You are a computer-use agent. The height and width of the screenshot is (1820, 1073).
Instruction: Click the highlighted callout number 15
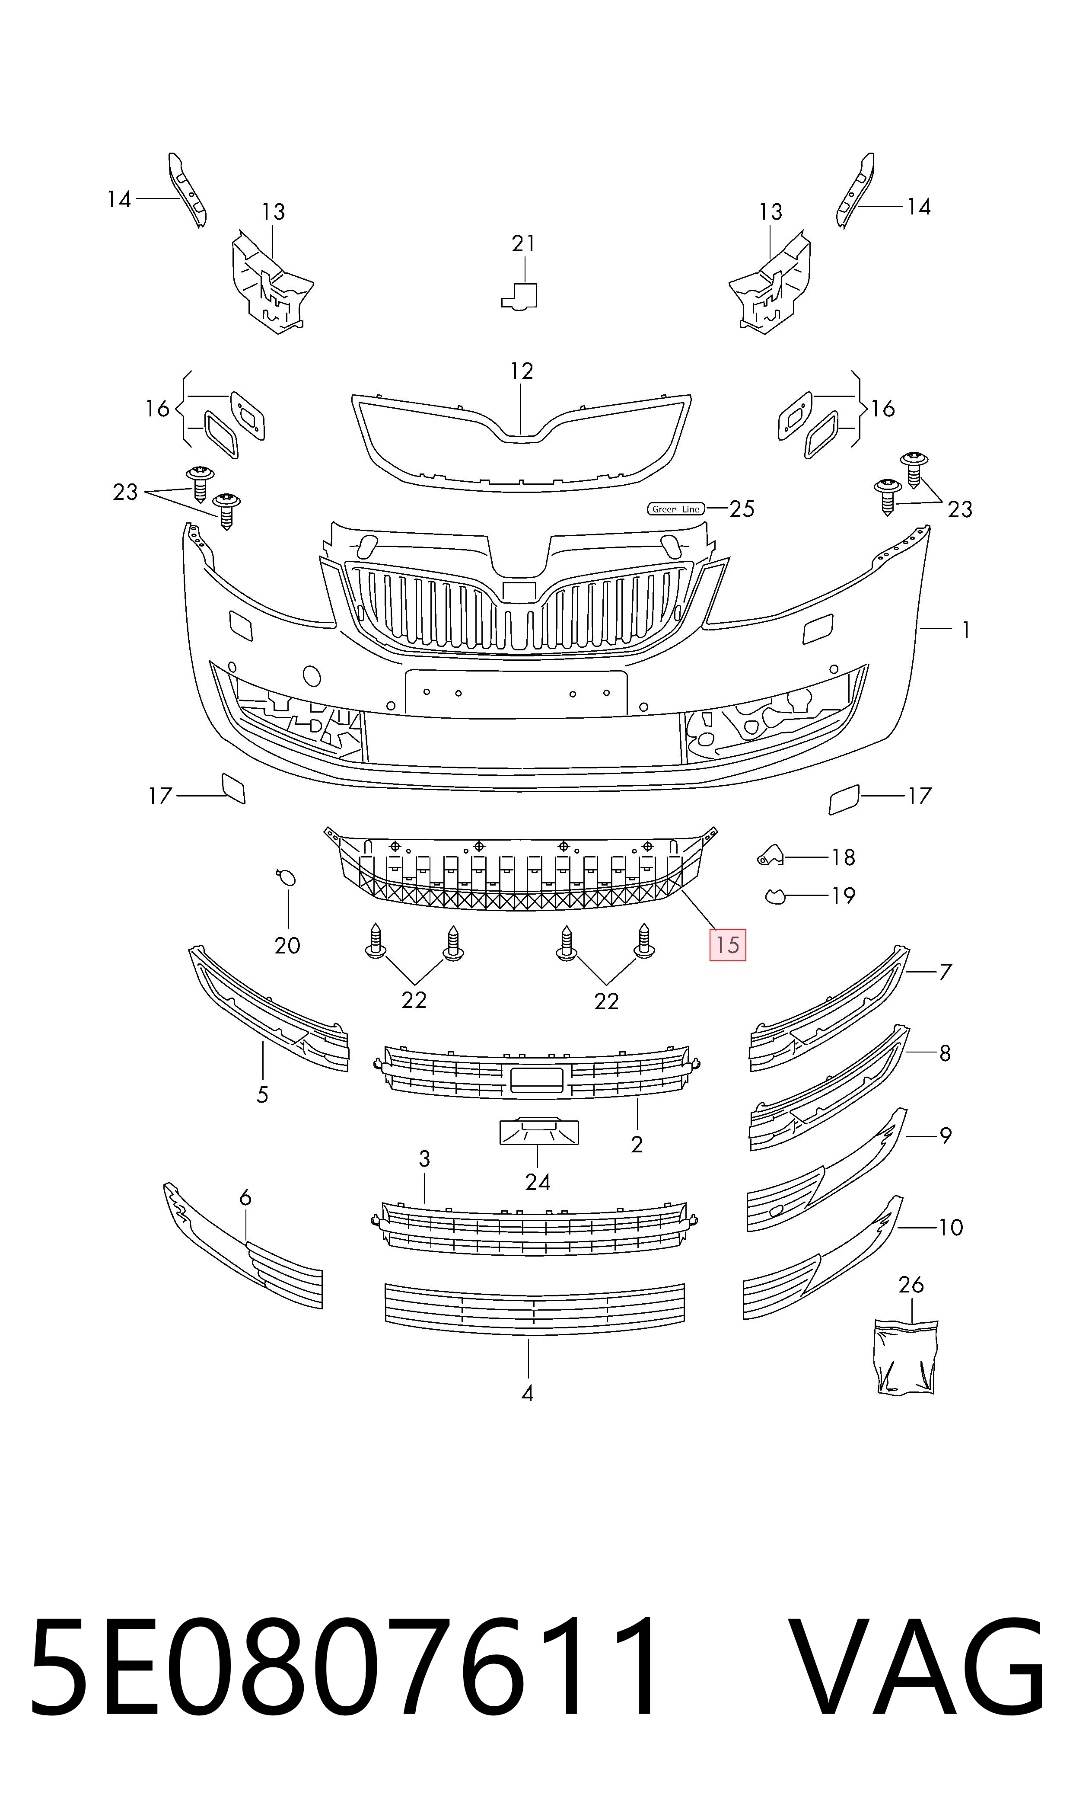pyautogui.click(x=727, y=945)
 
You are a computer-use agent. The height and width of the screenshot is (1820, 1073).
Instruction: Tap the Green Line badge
pyautogui.click(x=675, y=509)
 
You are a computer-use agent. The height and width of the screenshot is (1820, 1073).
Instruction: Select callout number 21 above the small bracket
pyautogui.click(x=523, y=244)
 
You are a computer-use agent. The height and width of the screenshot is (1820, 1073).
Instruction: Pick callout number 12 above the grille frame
pyautogui.click(x=521, y=371)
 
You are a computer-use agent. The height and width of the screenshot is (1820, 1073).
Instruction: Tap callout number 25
pyautogui.click(x=742, y=509)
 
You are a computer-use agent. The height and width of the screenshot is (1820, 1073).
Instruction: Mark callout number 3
pyautogui.click(x=424, y=1159)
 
